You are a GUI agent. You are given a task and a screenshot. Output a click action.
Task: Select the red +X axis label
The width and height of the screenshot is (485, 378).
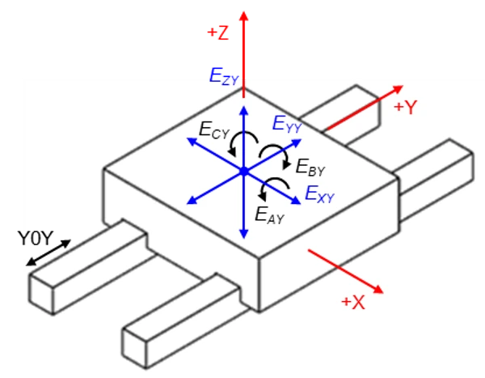[x=354, y=302]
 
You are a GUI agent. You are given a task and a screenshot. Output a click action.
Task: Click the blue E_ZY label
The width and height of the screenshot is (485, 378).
[x=223, y=76]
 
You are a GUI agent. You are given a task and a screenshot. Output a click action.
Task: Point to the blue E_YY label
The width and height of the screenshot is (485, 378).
[x=288, y=124]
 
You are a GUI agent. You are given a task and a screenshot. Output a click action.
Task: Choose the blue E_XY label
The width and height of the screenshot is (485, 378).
[x=319, y=193]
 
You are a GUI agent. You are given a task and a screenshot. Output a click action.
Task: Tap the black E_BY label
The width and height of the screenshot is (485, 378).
[x=310, y=168]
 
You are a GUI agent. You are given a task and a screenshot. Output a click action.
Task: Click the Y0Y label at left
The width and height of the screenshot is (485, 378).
[x=36, y=237]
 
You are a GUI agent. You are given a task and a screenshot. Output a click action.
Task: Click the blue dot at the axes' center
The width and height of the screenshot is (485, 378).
[x=243, y=171]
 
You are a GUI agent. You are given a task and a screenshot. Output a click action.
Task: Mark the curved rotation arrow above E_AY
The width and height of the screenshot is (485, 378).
[x=264, y=190]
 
